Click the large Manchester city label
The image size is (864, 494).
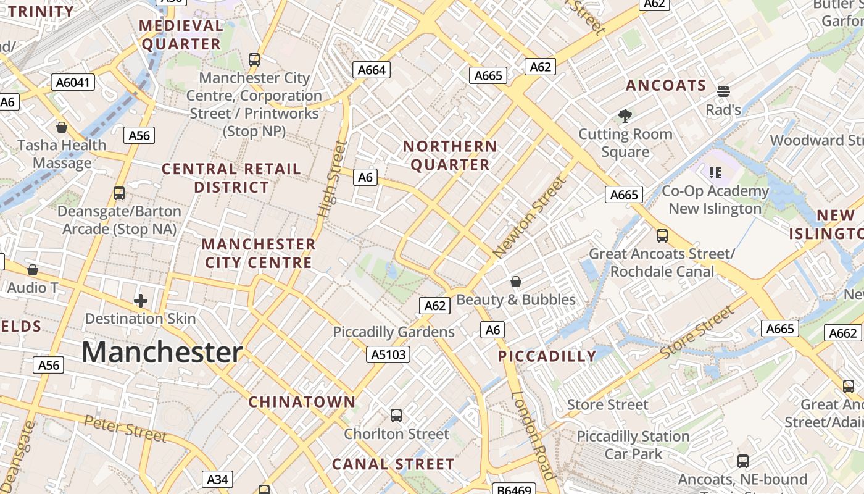pyautogui.click(x=162, y=352)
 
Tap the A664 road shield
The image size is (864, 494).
pyautogui.click(x=372, y=70)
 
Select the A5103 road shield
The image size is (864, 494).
pyautogui.click(x=388, y=354)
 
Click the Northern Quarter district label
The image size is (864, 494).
pyautogui.click(x=450, y=156)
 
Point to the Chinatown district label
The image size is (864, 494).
pyautogui.click(x=302, y=402)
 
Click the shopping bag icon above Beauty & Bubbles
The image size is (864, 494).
pyautogui.click(x=516, y=282)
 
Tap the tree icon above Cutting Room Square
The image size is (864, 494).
pyautogui.click(x=625, y=115)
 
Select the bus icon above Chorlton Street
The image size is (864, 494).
pyautogui.click(x=396, y=416)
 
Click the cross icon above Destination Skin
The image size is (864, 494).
pyautogui.click(x=141, y=301)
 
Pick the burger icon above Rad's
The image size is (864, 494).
pyautogui.click(x=723, y=91)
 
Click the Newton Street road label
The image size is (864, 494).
pyautogui.click(x=529, y=217)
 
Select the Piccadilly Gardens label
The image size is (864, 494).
pyautogui.click(x=394, y=332)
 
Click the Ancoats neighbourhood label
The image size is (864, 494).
pyautogui.click(x=666, y=85)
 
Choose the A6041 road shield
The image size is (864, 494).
pyautogui.click(x=73, y=82)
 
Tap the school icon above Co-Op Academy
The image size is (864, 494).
pyautogui.click(x=715, y=172)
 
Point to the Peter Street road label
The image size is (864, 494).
pyautogui.click(x=125, y=429)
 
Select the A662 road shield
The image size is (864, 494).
pyautogui.click(x=842, y=333)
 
